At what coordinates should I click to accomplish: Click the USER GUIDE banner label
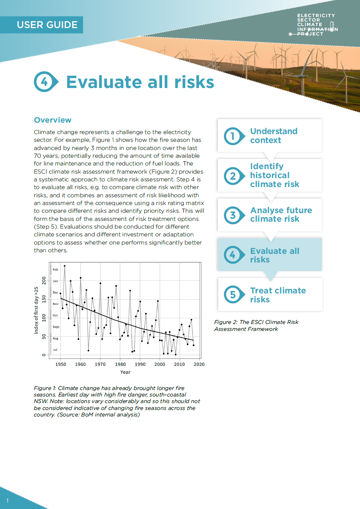47,25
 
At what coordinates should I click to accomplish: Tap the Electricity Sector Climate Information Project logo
314,25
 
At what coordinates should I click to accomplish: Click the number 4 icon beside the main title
46,82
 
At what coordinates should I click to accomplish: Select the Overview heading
53,120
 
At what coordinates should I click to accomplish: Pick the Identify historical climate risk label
274,175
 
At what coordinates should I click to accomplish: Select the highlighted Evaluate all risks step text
274,255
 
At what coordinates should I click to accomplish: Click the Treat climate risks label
278,295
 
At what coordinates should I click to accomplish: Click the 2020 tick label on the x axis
199,364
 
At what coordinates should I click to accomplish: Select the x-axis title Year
125,372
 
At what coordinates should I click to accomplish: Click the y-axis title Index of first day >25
36,311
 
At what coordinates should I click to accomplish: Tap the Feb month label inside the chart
55,269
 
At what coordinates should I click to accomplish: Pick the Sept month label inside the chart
56,327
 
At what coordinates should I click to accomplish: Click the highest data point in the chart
64,266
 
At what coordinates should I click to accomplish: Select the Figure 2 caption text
256,325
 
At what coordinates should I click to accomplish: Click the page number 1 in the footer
7,500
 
